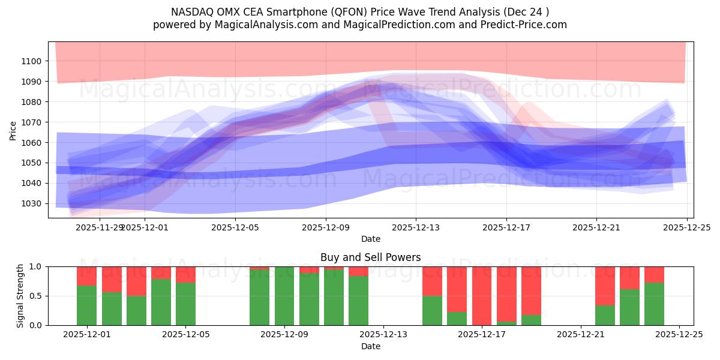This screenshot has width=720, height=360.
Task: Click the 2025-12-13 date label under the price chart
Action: click(x=416, y=227)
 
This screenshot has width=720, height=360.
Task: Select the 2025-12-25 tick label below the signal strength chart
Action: click(x=679, y=335)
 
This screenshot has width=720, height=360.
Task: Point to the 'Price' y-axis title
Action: click(x=13, y=130)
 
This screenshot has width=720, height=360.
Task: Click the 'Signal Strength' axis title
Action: click(x=20, y=296)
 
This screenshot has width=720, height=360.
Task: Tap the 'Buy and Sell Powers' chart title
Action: click(x=370, y=257)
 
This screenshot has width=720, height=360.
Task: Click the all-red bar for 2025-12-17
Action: click(x=482, y=296)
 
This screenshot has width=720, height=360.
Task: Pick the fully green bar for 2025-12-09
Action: click(x=284, y=296)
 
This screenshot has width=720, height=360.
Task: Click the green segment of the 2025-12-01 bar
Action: click(x=87, y=305)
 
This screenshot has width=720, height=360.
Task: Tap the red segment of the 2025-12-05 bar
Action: click(x=185, y=274)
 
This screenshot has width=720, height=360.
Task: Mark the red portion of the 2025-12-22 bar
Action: click(x=605, y=286)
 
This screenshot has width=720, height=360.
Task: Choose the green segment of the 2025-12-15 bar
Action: click(x=432, y=311)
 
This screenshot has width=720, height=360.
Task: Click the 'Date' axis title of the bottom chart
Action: click(x=370, y=346)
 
